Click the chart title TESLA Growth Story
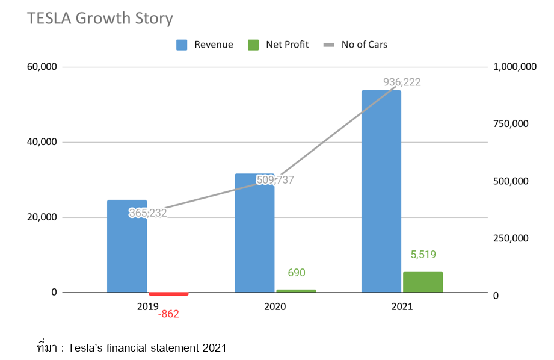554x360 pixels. pyautogui.click(x=100, y=19)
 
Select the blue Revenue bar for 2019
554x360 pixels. pyautogui.click(x=127, y=253)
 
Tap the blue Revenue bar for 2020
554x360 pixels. pyautogui.click(x=254, y=241)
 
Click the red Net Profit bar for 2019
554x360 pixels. pyautogui.click(x=168, y=294)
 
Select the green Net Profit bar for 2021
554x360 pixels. pyautogui.click(x=423, y=282)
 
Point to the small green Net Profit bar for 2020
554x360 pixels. pyautogui.click(x=296, y=291)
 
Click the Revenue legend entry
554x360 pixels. pyautogui.click(x=205, y=45)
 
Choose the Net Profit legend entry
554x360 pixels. pyautogui.click(x=279, y=45)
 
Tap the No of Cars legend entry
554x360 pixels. pyautogui.click(x=355, y=45)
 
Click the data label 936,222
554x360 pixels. pyautogui.click(x=402, y=82)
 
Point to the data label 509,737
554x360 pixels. pyautogui.click(x=275, y=179)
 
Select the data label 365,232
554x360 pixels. pyautogui.click(x=147, y=213)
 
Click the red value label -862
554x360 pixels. pyautogui.click(x=168, y=314)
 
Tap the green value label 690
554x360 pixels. pyautogui.click(x=296, y=273)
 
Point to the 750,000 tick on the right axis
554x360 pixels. pyautogui.click(x=511, y=124)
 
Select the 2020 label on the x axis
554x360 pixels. pyautogui.click(x=275, y=306)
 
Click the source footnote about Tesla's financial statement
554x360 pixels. pyautogui.click(x=131, y=347)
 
